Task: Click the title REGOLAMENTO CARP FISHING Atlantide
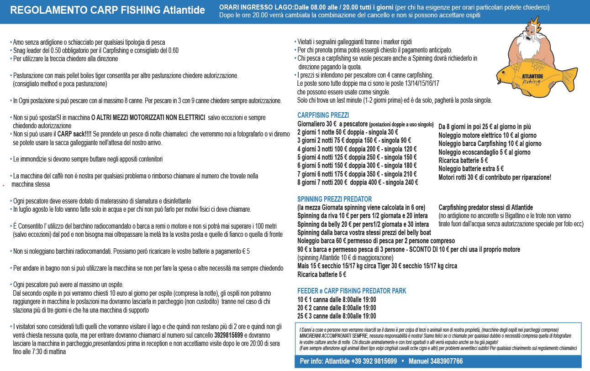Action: click(x=107, y=10)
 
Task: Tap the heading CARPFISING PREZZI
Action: click(x=323, y=115)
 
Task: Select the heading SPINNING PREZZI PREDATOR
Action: click(x=334, y=199)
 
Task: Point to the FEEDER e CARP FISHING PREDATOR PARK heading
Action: click(x=352, y=291)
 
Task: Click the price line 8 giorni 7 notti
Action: click(x=358, y=183)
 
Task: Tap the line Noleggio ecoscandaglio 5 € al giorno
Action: click(x=484, y=152)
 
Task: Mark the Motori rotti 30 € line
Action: click(x=495, y=178)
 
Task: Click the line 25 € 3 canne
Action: click(x=337, y=316)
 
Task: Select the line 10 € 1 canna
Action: click(x=337, y=300)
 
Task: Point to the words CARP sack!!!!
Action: click(x=74, y=134)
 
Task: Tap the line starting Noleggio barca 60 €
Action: click(x=376, y=241)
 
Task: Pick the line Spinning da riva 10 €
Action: click(x=363, y=216)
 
